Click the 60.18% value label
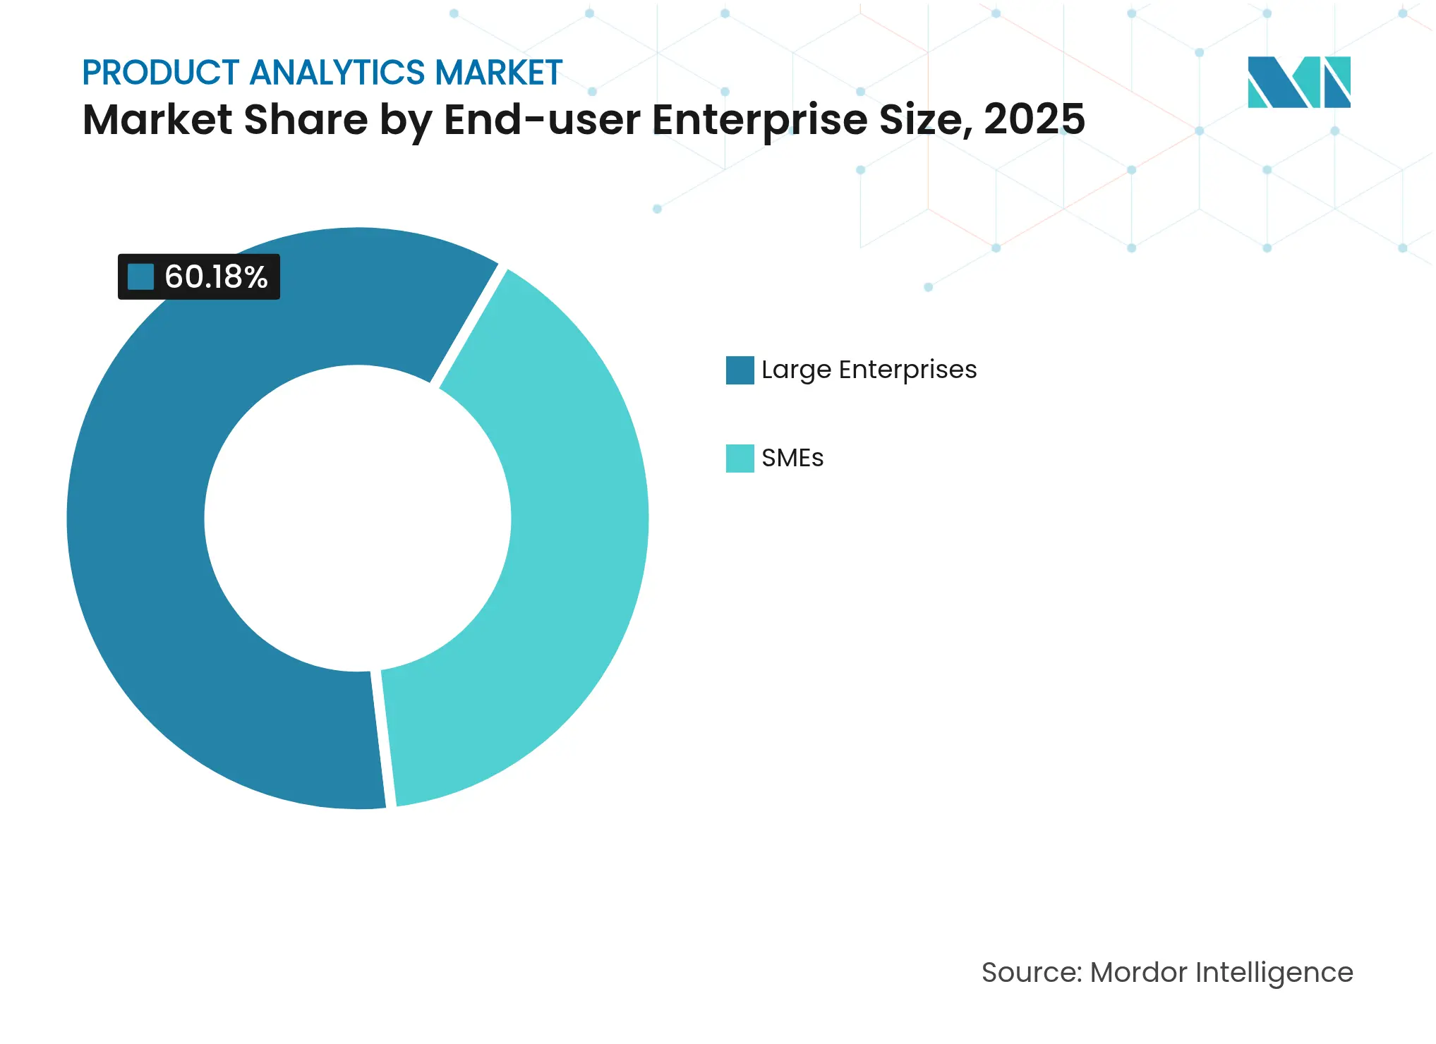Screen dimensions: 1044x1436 [x=215, y=277]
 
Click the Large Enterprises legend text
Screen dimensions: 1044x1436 [x=869, y=370]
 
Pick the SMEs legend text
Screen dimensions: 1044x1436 [x=792, y=459]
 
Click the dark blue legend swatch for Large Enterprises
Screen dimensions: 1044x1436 [x=740, y=370]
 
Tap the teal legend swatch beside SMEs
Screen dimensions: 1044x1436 [x=740, y=459]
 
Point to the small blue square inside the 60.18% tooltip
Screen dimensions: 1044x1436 [x=140, y=277]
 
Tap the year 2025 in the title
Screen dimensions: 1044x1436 [x=1034, y=119]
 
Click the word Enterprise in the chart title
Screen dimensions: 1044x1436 [x=760, y=119]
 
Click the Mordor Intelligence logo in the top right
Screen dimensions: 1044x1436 [x=1298, y=82]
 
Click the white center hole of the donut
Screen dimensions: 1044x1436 [x=358, y=518]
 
